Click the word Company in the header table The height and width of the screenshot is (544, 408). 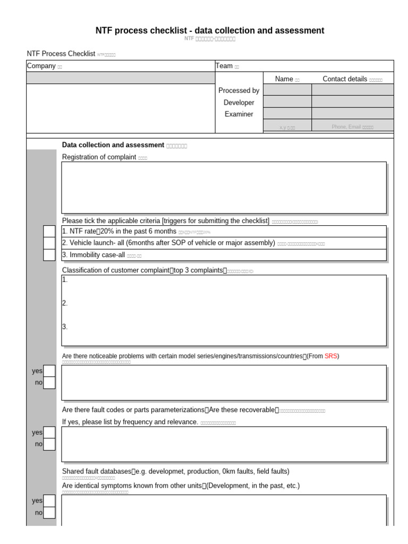point(41,66)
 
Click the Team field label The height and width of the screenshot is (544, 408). point(224,66)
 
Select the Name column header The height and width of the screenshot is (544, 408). point(284,79)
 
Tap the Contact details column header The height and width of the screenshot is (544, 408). point(345,79)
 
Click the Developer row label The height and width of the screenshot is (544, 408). point(239,103)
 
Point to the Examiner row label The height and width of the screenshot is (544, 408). point(239,114)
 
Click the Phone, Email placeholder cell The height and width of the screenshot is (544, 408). point(353,127)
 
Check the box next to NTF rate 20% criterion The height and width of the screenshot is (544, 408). point(49,232)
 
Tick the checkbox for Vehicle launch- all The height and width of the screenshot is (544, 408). point(49,243)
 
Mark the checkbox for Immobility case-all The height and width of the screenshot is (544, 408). point(49,255)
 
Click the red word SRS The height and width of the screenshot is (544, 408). point(330,356)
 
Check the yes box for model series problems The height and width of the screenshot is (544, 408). point(49,371)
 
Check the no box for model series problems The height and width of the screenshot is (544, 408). point(49,382)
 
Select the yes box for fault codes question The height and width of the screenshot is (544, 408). point(49,432)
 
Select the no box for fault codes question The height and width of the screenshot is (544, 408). point(49,444)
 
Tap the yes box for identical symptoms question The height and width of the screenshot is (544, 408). point(49,500)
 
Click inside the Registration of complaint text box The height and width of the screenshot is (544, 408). point(224,188)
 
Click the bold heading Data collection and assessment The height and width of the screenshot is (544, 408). point(113,145)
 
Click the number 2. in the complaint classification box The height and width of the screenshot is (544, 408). point(65,303)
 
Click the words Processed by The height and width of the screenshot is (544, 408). point(239,91)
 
